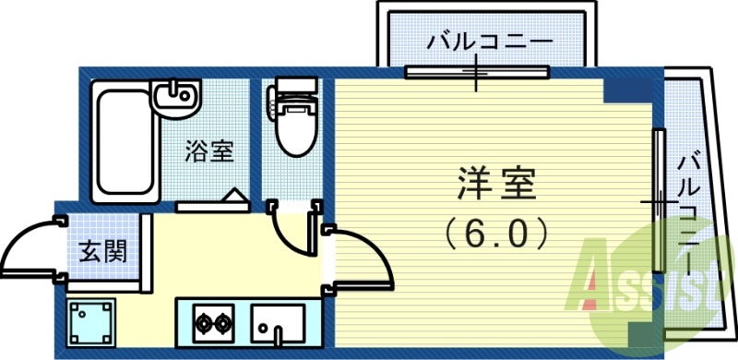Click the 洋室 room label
coord(495,183)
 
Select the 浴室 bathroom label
coord(208,150)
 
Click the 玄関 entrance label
coord(102,249)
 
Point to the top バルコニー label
coord(489,43)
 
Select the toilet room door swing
coord(293,231)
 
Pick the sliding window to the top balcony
coord(476,71)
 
